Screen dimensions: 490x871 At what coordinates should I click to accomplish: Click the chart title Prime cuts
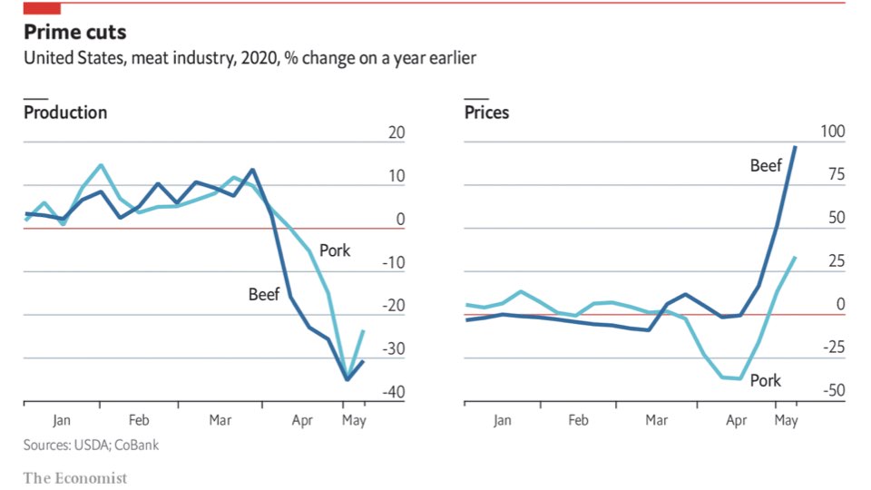74,33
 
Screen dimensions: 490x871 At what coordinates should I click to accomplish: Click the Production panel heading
65,113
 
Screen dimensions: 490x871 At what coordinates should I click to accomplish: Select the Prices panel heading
486,113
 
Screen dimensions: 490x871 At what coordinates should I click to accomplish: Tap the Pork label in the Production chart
335,250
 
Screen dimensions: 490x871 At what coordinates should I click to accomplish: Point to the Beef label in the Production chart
264,294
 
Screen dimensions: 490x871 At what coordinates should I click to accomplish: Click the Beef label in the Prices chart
766,165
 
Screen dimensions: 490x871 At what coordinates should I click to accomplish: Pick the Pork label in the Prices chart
766,380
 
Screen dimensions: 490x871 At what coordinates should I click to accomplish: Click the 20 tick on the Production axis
396,133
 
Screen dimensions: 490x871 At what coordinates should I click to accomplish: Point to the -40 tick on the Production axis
392,392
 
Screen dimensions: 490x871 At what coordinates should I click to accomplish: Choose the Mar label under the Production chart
220,420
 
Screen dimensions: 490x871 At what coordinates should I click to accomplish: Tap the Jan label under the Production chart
61,420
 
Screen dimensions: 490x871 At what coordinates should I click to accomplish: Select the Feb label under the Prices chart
578,420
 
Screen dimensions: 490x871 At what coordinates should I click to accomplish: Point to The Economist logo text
75,477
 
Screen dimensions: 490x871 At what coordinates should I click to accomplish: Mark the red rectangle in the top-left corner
42,8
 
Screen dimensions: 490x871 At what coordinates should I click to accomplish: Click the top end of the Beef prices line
796,146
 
